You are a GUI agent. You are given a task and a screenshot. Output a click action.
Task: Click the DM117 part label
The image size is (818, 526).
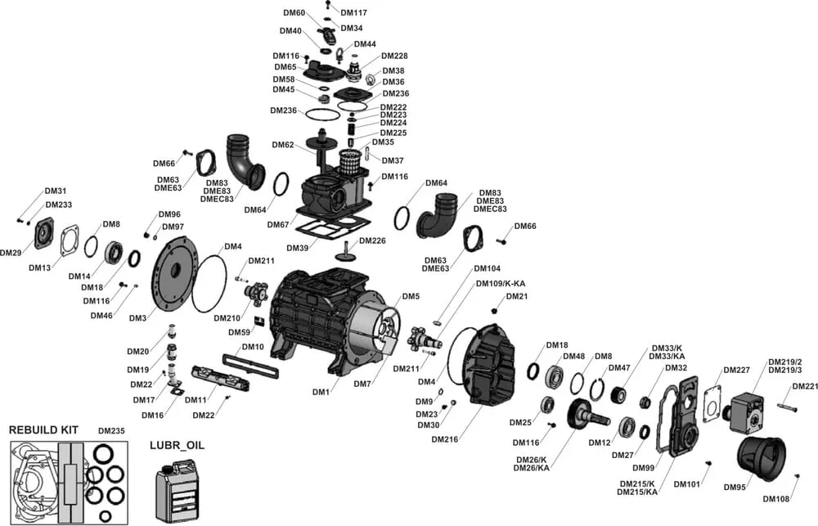(x=353, y=12)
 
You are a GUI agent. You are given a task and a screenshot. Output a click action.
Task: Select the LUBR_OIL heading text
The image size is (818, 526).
(x=177, y=445)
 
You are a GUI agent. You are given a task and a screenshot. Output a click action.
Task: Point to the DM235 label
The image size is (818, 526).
(x=112, y=430)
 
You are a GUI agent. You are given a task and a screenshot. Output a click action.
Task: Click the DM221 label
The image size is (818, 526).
(x=805, y=386)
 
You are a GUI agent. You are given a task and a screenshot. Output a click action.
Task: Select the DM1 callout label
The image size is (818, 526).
(x=321, y=393)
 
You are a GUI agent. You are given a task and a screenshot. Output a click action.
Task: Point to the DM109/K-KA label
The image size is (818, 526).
(x=501, y=283)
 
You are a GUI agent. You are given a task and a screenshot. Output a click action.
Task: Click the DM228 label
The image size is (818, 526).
(x=394, y=56)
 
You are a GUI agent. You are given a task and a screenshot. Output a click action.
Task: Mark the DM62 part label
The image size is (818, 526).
(x=283, y=145)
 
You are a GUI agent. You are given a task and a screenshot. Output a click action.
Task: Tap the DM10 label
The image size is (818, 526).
(x=253, y=347)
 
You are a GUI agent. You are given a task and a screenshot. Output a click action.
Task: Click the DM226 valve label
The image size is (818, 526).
(x=372, y=241)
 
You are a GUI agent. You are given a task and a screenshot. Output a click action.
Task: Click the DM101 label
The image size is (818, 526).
(x=687, y=484)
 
